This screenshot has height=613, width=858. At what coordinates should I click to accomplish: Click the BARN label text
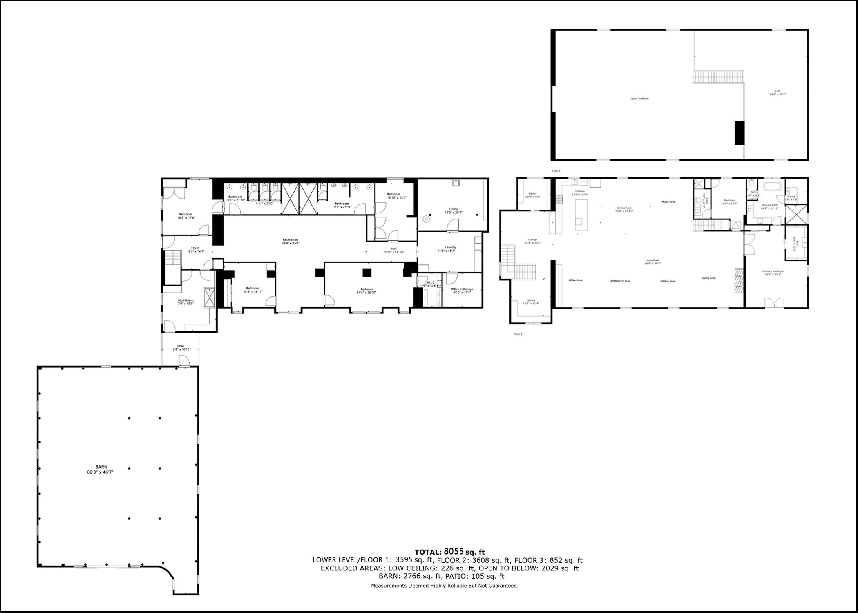click(x=102, y=467)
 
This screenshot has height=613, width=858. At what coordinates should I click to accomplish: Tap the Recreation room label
click(x=290, y=240)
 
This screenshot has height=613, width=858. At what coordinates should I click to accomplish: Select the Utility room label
click(x=453, y=209)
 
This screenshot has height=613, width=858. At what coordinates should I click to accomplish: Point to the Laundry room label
click(x=450, y=247)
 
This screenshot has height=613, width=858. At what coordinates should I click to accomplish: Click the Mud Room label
click(x=185, y=300)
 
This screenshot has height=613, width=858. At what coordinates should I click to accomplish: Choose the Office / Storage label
click(x=462, y=289)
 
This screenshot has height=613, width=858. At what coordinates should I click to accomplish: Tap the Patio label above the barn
click(x=180, y=346)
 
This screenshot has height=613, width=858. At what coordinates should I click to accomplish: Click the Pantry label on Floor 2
click(x=532, y=194)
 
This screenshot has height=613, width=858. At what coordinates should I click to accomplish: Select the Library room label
click(x=531, y=300)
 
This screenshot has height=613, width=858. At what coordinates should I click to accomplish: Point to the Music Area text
click(x=668, y=202)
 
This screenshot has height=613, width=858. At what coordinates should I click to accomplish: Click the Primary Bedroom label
click(x=773, y=271)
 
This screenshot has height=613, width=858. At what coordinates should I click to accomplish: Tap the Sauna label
click(x=791, y=197)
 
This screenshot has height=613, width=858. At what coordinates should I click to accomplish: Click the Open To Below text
click(x=639, y=98)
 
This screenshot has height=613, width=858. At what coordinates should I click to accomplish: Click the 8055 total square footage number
click(x=454, y=552)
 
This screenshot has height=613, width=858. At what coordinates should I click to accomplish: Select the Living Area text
click(x=708, y=278)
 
